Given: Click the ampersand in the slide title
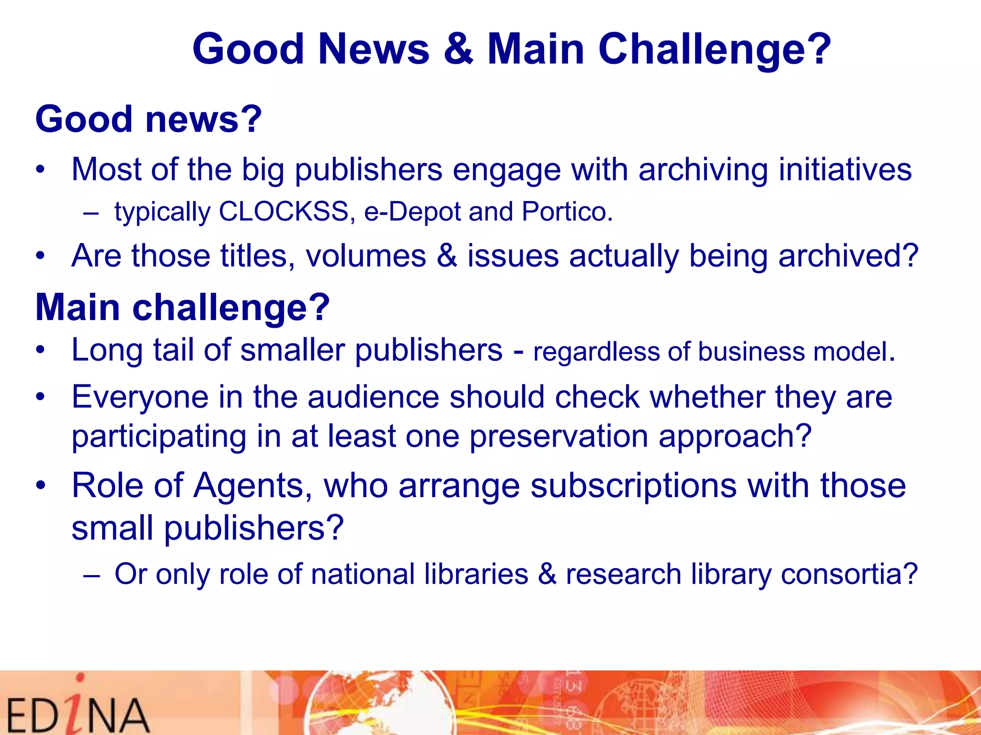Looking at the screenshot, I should point(458,49).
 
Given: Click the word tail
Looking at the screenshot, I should point(173,350).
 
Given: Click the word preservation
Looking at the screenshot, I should point(559,436).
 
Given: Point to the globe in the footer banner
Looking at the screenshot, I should point(378,703).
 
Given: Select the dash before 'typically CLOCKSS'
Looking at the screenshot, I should point(91,212).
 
